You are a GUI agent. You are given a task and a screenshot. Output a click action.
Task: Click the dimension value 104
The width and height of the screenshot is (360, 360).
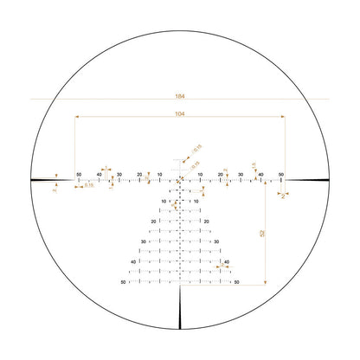[180, 114]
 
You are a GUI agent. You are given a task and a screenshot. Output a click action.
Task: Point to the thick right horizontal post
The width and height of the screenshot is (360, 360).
[306, 180]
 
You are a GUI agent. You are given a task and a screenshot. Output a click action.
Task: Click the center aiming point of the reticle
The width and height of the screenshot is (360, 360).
[180, 180]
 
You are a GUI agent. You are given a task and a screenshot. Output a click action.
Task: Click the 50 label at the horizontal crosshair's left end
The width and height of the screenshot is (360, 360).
[79, 175]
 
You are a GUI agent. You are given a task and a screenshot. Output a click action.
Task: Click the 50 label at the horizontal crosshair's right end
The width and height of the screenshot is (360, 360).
[282, 175]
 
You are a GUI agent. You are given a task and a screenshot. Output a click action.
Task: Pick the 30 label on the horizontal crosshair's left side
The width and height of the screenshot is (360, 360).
[119, 175]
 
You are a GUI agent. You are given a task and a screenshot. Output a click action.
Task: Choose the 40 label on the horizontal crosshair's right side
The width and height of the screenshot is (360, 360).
[261, 175]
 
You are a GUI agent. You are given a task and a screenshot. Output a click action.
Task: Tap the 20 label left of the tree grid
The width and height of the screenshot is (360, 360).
[153, 222]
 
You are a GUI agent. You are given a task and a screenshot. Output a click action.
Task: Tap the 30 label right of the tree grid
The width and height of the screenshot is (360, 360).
[216, 241]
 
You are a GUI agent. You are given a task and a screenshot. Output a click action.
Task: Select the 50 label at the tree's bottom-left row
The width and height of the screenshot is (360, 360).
[124, 282]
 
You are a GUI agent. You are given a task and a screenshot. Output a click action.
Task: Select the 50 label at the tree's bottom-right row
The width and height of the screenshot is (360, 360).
[236, 282]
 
